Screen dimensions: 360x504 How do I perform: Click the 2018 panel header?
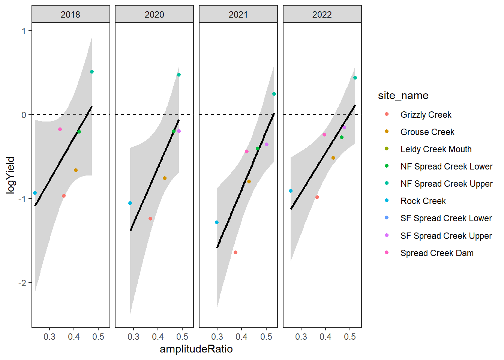(70, 15)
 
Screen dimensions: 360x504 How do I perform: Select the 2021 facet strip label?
(238, 15)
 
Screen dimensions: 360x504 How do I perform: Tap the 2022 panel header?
(322, 15)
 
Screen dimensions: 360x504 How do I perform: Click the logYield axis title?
(10, 175)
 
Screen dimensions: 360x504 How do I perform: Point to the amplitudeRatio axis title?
(196, 349)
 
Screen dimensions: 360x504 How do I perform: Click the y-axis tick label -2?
(23, 283)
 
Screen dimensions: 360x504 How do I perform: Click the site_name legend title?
(403, 96)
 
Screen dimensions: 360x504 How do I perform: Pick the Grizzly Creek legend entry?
(426, 115)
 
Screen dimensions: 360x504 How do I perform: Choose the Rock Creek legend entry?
(423, 201)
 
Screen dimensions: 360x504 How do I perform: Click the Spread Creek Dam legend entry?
(437, 253)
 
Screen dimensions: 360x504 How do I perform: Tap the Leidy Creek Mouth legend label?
(436, 149)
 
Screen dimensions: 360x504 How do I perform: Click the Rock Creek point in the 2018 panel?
(35, 193)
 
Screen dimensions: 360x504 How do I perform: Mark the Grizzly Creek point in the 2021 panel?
(235, 252)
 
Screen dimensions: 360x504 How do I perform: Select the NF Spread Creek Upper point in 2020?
(179, 75)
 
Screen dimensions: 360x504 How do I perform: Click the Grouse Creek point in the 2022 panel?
(333, 158)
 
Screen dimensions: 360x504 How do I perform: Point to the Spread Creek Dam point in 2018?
(60, 129)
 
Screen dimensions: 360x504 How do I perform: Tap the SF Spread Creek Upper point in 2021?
(267, 144)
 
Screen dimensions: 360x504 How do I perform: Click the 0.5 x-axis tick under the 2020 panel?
(182, 337)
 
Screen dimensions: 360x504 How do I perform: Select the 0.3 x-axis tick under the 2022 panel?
(301, 337)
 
